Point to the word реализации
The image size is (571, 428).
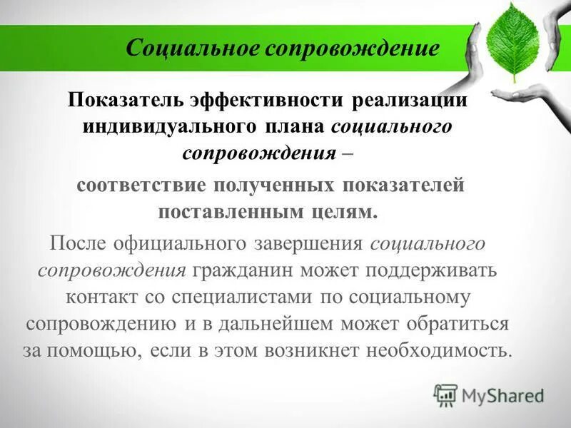point(409,100)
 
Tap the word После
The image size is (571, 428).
point(76,244)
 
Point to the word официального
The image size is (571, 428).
point(176,244)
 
